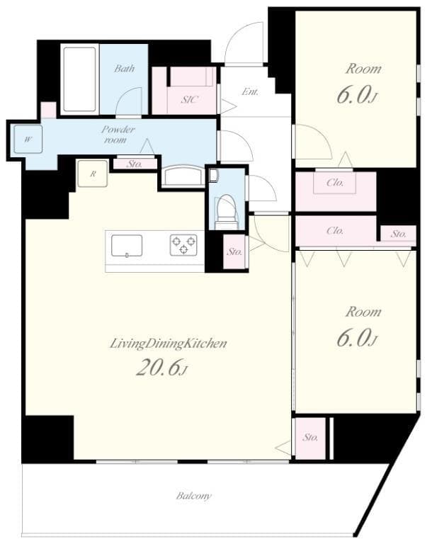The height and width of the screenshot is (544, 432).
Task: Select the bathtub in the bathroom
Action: point(80,79)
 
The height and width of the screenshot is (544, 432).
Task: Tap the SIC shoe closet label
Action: point(189,100)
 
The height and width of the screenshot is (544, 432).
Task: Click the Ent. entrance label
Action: point(249,92)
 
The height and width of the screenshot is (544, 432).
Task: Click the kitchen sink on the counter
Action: point(127,245)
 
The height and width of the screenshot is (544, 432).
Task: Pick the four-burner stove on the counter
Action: point(183,245)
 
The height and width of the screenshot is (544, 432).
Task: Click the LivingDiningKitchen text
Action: point(168,344)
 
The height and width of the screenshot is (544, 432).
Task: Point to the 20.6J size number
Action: point(161,368)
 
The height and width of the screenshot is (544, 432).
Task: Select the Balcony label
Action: point(193,497)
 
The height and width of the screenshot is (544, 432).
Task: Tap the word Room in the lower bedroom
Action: point(363,312)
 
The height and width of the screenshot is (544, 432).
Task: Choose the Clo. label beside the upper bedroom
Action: point(335,183)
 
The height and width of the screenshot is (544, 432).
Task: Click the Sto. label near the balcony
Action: point(310,438)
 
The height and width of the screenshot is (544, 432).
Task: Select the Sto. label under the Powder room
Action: point(135,164)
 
